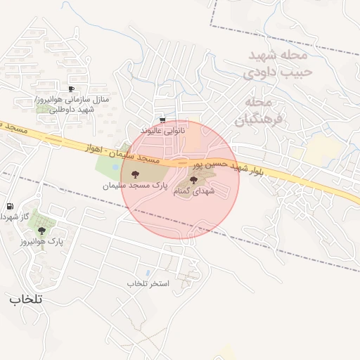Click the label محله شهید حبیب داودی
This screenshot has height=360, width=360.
pyautogui.click(x=275, y=63)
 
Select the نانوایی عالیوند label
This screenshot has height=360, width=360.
pyautogui.click(x=163, y=131)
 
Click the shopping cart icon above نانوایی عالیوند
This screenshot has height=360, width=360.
pyautogui.click(x=164, y=120)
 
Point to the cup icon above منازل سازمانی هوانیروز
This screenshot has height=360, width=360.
pyautogui.click(x=71, y=89)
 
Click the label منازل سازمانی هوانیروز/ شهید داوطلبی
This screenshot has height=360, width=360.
pyautogui.click(x=72, y=106)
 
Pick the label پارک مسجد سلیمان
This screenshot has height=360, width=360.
pyautogui.click(x=135, y=186)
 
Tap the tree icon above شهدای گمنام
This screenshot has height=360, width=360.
pyautogui.click(x=194, y=181)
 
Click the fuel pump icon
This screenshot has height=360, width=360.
pyautogui.click(x=10, y=207)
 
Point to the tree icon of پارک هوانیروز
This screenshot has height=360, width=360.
pyautogui.click(x=43, y=230)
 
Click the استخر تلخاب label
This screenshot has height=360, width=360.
pyautogui.click(x=148, y=283)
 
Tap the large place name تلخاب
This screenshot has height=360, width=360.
pyautogui.click(x=26, y=299)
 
